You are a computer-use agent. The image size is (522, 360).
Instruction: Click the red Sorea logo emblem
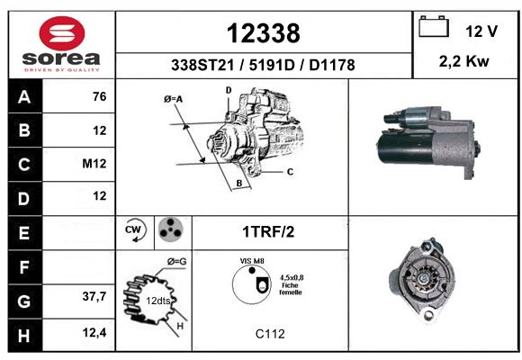coord(62,33)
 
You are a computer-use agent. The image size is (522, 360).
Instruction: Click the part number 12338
coord(264,33)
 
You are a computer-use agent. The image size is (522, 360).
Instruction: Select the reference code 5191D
coord(272,65)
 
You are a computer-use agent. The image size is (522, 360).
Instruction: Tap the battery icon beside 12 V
coord(434,26)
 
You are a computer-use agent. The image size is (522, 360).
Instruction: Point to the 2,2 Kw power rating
coord(464,61)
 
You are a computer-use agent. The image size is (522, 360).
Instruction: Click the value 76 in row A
coord(100,96)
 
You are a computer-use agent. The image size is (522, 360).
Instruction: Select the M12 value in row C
coord(94,164)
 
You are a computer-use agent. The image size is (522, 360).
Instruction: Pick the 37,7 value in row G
coord(94,296)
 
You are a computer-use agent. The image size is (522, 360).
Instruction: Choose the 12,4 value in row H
coord(94,332)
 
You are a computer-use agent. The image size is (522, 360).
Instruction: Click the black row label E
coord(25,233)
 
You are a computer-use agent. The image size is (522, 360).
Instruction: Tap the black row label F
coord(25,267)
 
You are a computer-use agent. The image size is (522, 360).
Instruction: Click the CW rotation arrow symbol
coord(135,229)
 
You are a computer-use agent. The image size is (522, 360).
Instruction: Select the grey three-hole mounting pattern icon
coord(170,229)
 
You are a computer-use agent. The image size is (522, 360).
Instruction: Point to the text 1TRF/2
coord(268,232)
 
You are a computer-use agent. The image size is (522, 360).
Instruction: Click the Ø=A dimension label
coord(174,99)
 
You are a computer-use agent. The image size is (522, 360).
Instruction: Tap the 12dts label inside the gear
coord(158,301)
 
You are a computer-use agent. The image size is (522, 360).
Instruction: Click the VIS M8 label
coord(252,261)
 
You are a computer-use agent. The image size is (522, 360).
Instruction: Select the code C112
coord(270,334)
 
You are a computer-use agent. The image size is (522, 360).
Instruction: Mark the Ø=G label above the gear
coord(176,262)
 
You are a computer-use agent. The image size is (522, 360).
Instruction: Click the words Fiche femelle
coord(291,289)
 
